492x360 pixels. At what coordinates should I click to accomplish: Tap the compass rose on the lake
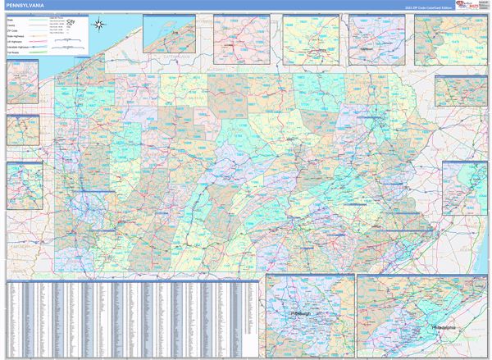(x=99, y=25)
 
